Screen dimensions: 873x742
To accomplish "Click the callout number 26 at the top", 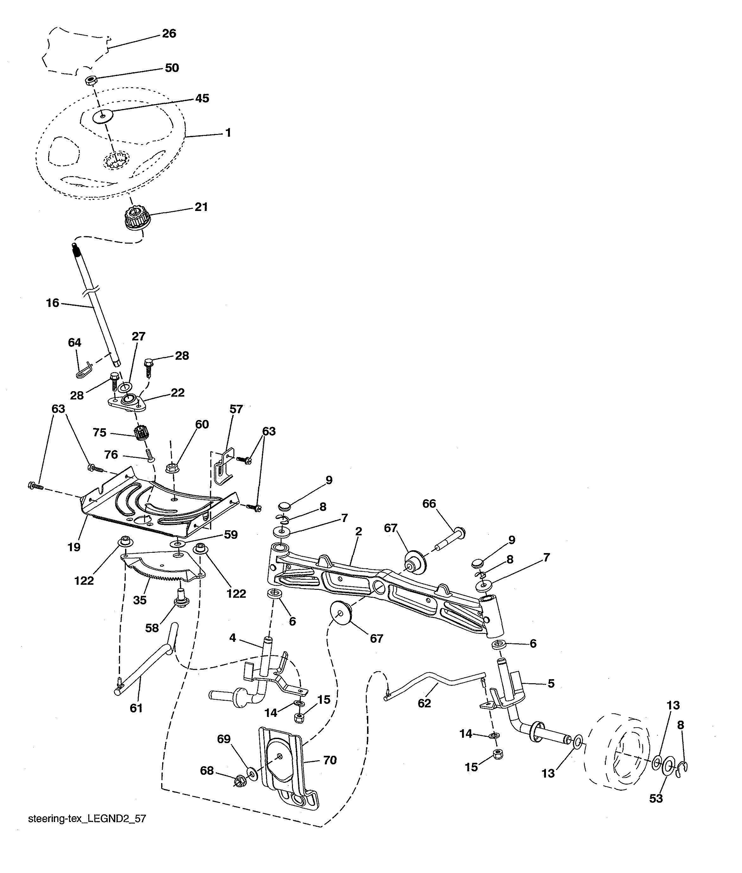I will click(x=169, y=34).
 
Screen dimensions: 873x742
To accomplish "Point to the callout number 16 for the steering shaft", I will click(x=53, y=303).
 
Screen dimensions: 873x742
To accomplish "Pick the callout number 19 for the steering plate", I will click(x=74, y=547).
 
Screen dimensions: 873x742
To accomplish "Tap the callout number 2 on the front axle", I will click(x=358, y=532).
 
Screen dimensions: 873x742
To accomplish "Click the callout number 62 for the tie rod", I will click(x=424, y=703).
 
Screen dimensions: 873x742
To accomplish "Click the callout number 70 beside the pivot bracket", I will click(x=330, y=760).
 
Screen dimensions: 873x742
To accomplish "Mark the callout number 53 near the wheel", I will click(x=656, y=798).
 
